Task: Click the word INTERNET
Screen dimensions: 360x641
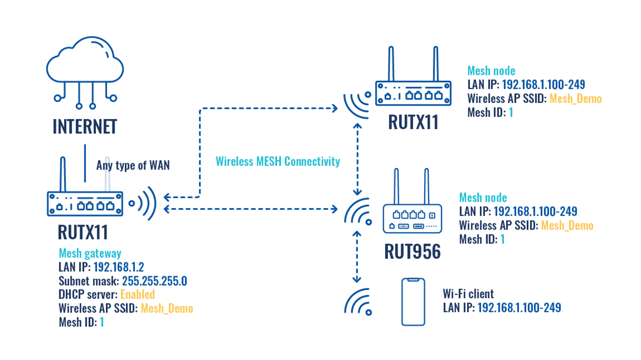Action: pyautogui.click(x=85, y=126)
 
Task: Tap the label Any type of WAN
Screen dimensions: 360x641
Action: pyautogui.click(x=133, y=166)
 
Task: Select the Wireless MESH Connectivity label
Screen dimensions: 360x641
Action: pyautogui.click(x=277, y=162)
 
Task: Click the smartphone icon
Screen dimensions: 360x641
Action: pyautogui.click(x=412, y=302)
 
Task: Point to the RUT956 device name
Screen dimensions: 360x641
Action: pyautogui.click(x=412, y=251)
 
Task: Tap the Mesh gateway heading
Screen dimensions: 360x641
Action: pyautogui.click(x=90, y=253)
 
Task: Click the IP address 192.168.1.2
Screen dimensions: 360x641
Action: pyautogui.click(x=119, y=267)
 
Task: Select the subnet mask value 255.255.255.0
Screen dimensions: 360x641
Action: pyautogui.click(x=155, y=281)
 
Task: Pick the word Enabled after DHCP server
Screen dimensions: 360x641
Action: pyautogui.click(x=138, y=294)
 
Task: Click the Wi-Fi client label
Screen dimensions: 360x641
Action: pyautogui.click(x=468, y=294)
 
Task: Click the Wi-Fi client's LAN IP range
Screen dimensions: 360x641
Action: pyautogui.click(x=519, y=308)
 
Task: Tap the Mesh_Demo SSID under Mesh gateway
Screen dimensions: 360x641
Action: pyautogui.click(x=167, y=308)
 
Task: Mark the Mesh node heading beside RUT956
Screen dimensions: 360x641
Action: pyautogui.click(x=483, y=198)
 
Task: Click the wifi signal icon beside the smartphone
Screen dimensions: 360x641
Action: pyautogui.click(x=358, y=302)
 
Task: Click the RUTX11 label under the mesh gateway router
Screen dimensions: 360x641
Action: pyautogui.click(x=83, y=232)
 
